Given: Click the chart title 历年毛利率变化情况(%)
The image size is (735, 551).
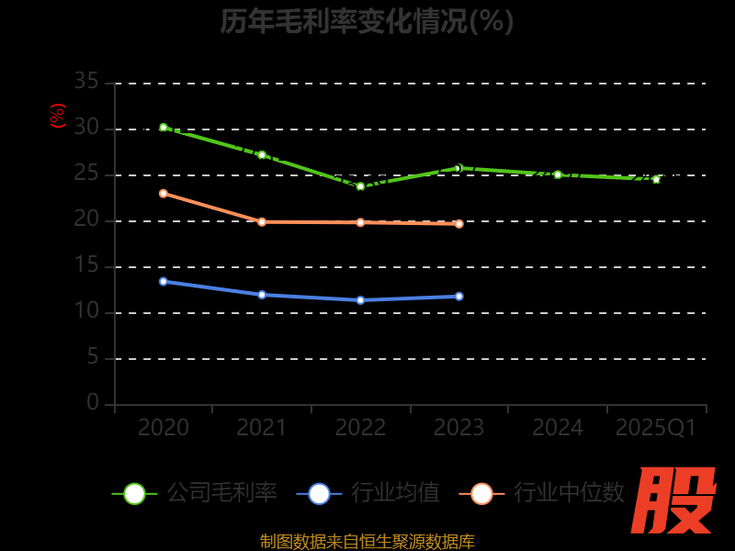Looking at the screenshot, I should (x=367, y=20).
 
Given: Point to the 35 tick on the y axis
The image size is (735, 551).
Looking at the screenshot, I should (x=86, y=82).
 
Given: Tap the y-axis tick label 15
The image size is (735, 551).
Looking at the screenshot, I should (x=86, y=265).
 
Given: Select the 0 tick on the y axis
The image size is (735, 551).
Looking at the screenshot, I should (x=93, y=402).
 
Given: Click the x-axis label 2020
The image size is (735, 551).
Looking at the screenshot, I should (x=164, y=428).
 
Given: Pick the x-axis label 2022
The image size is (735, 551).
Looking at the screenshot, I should (x=360, y=428).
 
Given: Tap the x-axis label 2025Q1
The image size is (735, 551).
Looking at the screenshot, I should (x=656, y=428).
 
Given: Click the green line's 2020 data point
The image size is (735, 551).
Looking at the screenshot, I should (x=164, y=128).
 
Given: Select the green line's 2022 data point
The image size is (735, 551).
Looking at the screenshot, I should (x=360, y=186).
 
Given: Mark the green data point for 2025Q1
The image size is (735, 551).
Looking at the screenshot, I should (x=656, y=179).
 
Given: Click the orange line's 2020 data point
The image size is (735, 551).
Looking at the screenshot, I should (x=164, y=194).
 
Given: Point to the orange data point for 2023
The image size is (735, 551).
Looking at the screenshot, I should (x=459, y=224).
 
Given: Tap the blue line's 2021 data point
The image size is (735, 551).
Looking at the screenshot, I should (x=262, y=295).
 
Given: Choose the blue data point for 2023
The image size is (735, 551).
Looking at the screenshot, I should (x=459, y=297).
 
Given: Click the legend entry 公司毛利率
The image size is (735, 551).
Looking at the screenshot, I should (x=195, y=493).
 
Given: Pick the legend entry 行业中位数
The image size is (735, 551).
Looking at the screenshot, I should (x=548, y=493).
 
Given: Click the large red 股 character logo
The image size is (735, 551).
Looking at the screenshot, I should (x=675, y=500).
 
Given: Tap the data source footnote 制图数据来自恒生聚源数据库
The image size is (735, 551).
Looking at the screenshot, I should (x=367, y=541).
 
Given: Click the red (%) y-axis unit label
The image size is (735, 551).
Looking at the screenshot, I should (x=58, y=116).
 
